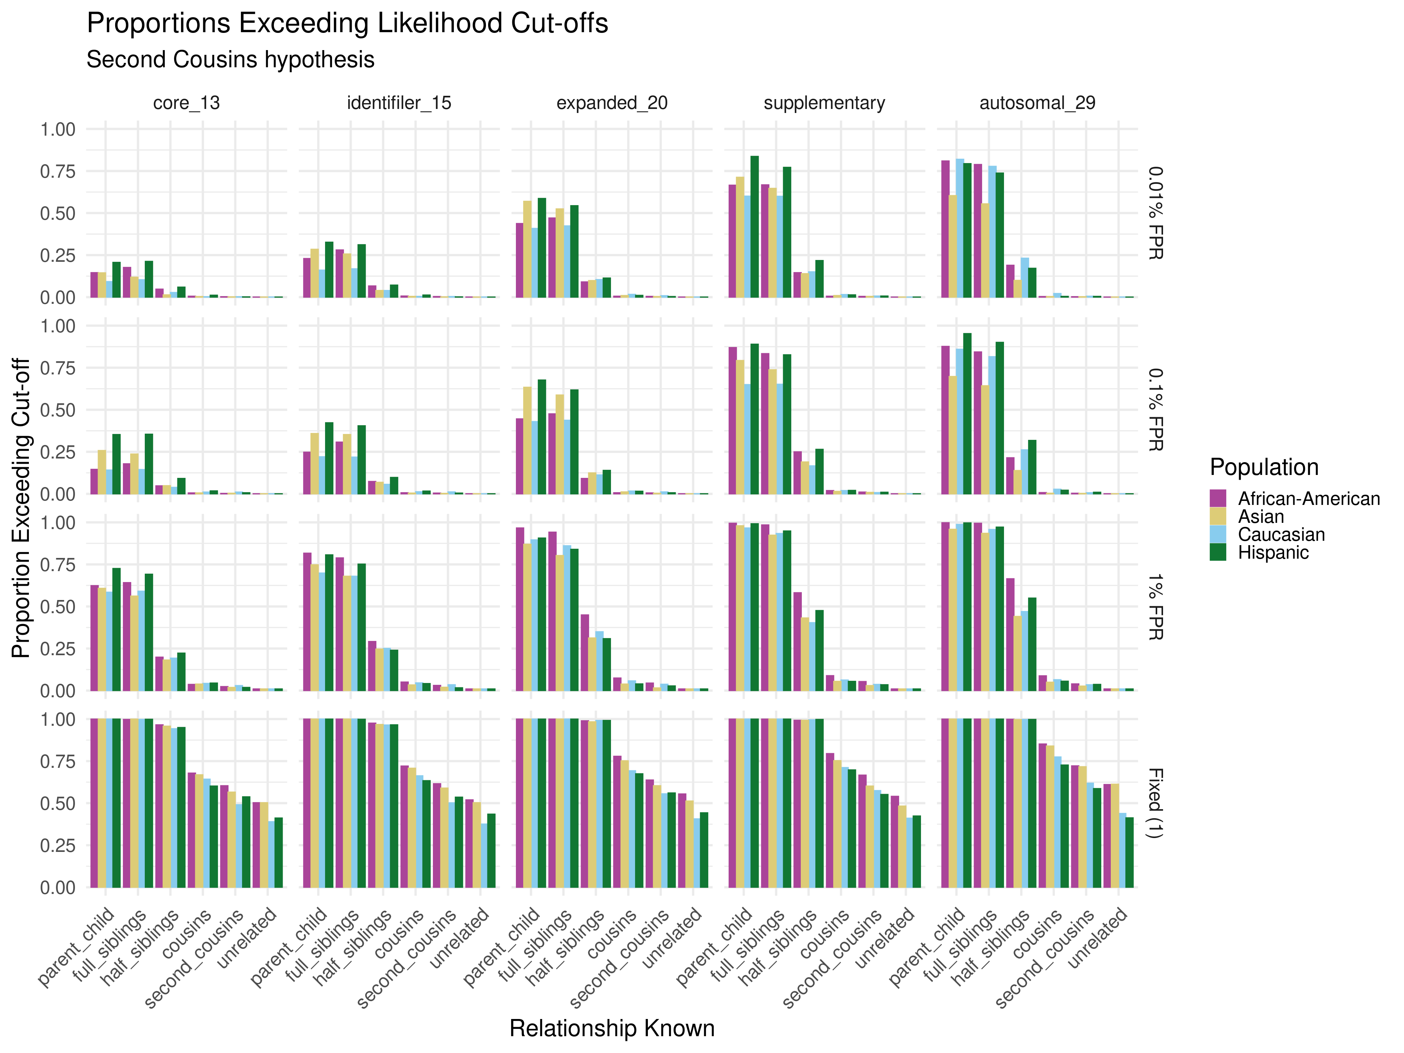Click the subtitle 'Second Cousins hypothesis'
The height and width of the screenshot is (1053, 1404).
pos(230,60)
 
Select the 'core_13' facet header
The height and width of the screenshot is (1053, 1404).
pos(186,103)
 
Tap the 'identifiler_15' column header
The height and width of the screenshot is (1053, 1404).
pos(399,103)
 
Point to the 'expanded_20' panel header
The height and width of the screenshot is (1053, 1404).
pos(612,103)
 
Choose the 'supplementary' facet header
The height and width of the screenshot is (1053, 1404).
pos(824,103)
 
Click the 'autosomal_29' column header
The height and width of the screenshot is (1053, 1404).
pos(1037,103)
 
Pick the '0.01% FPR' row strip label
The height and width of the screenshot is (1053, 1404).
pos(1156,213)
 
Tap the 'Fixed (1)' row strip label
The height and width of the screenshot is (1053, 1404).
pos(1156,803)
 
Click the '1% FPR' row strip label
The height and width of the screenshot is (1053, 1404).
pos(1156,607)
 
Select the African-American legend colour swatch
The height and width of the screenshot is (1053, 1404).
pos(1218,499)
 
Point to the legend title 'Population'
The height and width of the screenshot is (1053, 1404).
pos(1264,467)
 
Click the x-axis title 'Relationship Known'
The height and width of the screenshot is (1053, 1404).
pos(612,1028)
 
